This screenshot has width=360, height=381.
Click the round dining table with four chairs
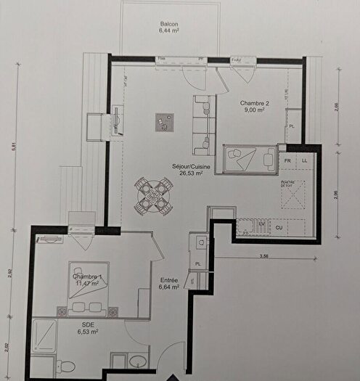click(x=152, y=194)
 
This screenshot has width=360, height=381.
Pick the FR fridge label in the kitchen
click(x=287, y=159)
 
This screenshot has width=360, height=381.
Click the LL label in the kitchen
click(x=306, y=159)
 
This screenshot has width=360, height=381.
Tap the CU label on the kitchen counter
click(x=279, y=227)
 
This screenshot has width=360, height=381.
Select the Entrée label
click(x=170, y=280)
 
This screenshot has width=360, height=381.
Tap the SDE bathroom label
click(x=88, y=324)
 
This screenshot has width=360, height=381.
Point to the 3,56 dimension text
click(x=267, y=255)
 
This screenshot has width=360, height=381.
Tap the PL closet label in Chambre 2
click(x=292, y=126)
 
